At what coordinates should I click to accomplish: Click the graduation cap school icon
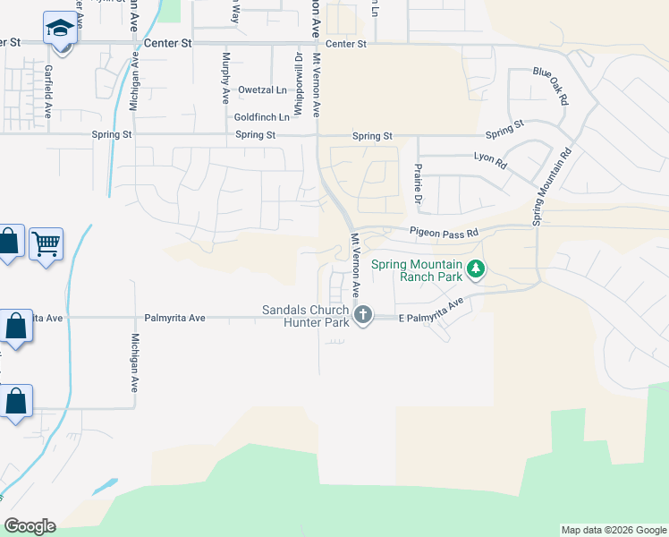click(60, 28)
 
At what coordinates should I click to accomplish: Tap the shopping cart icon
click(46, 243)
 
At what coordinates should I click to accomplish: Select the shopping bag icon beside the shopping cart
click(8, 243)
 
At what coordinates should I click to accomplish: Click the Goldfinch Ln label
click(262, 117)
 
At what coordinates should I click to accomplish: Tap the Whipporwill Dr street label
click(298, 83)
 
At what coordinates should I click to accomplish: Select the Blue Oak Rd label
click(551, 86)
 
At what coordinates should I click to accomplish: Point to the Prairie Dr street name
click(417, 183)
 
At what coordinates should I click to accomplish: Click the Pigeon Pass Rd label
click(445, 232)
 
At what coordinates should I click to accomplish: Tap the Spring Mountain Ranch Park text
click(417, 270)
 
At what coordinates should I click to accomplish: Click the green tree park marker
click(477, 268)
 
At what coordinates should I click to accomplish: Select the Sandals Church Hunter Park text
click(305, 316)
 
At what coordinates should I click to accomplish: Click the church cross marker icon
click(363, 314)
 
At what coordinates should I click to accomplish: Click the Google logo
click(30, 526)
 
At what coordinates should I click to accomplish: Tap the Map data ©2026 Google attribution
click(613, 530)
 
